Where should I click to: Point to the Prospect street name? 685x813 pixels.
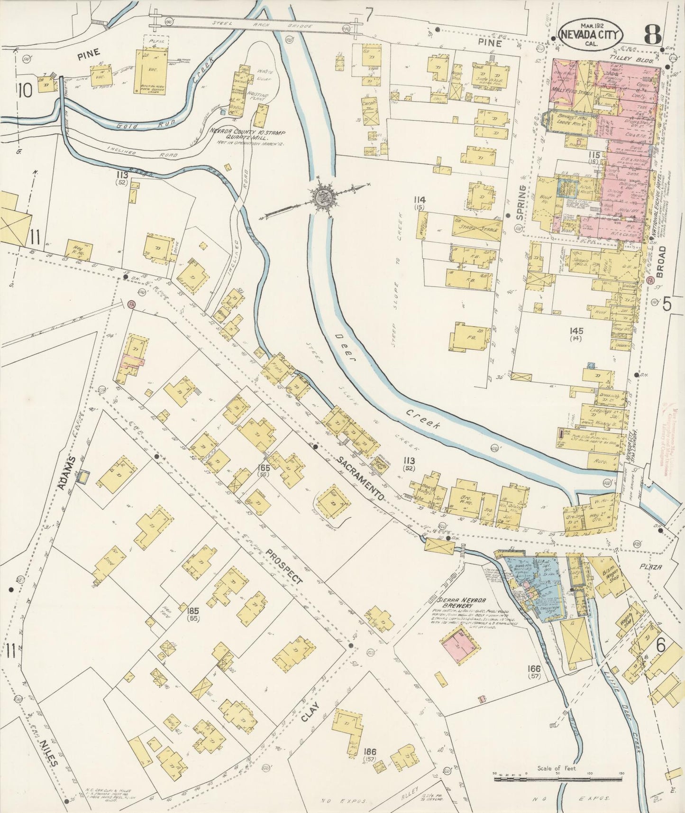pyautogui.click(x=283, y=565)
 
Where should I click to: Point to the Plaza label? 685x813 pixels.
pyautogui.click(x=649, y=566)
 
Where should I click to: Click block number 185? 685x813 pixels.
pyautogui.click(x=192, y=610)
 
